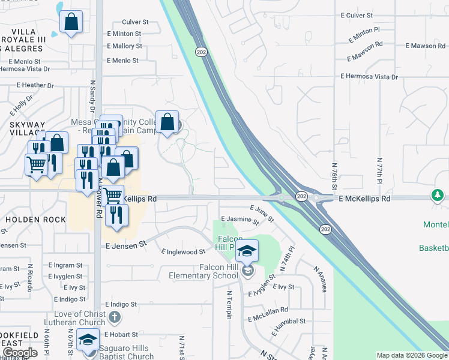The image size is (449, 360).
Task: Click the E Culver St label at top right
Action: click(x=356, y=14)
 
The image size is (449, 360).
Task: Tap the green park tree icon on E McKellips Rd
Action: click(x=438, y=196)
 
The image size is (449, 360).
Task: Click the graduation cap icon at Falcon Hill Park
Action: click(x=247, y=250)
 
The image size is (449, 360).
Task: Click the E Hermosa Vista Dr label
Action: click(x=369, y=77)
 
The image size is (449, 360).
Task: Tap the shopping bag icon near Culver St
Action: click(x=71, y=22)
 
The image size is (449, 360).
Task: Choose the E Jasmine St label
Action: click(x=240, y=220)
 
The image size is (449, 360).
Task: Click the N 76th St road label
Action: click(x=334, y=174)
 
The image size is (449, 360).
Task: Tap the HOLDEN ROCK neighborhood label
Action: click(x=36, y=220)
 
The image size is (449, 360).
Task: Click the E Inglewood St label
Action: click(x=184, y=253)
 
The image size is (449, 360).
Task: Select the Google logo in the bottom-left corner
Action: click(x=19, y=352)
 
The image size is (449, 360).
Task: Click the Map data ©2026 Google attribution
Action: click(x=411, y=355)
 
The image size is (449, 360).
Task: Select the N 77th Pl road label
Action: click(x=379, y=174)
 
